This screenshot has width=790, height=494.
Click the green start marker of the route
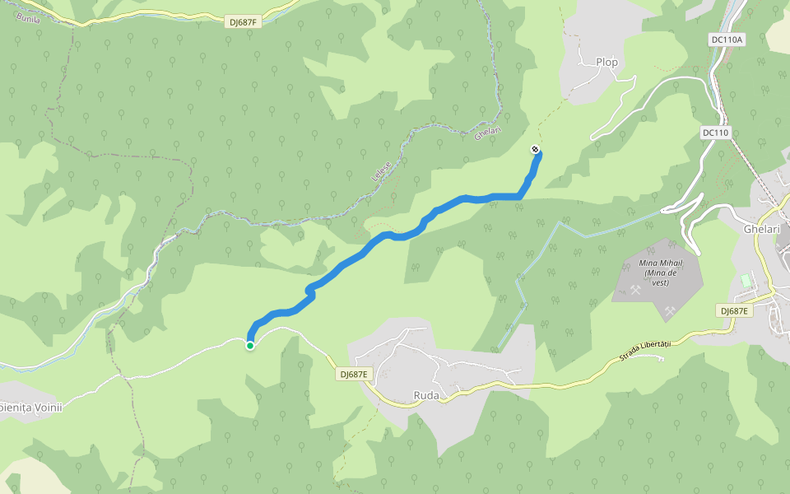click(249, 346)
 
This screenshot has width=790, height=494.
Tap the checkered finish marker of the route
click(536, 149)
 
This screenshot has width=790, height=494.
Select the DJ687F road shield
click(243, 22)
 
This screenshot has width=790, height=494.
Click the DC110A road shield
click(727, 40)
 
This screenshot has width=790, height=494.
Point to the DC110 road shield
click(716, 133)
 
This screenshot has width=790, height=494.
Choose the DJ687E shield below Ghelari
click(734, 310)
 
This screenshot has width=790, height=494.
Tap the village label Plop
click(607, 62)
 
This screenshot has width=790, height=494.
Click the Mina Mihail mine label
click(658, 263)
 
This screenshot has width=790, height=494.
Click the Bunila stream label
click(27, 17)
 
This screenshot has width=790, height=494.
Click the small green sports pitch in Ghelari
click(746, 281)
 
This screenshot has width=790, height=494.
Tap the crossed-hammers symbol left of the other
click(634, 290)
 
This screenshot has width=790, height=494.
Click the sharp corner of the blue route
click(519, 196)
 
